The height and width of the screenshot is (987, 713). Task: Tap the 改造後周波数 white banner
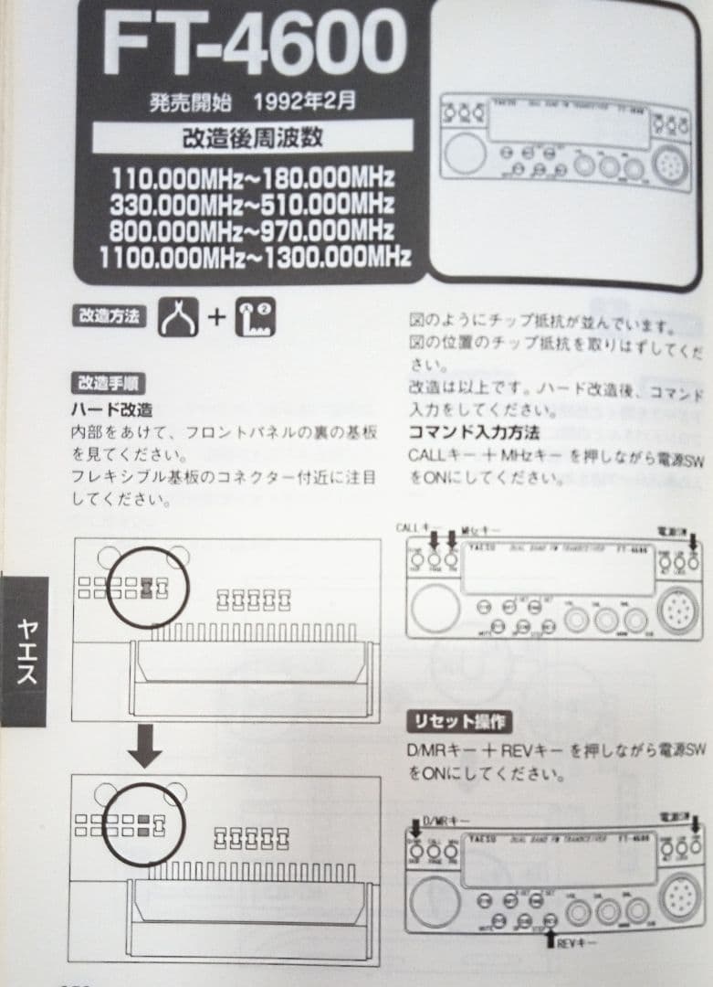click(253, 141)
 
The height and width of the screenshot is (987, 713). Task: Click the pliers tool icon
click(178, 317)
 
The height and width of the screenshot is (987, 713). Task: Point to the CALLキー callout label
click(418, 528)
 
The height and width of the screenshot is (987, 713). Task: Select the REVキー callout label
click(577, 940)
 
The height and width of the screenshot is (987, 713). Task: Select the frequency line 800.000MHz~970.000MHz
click(252, 229)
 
